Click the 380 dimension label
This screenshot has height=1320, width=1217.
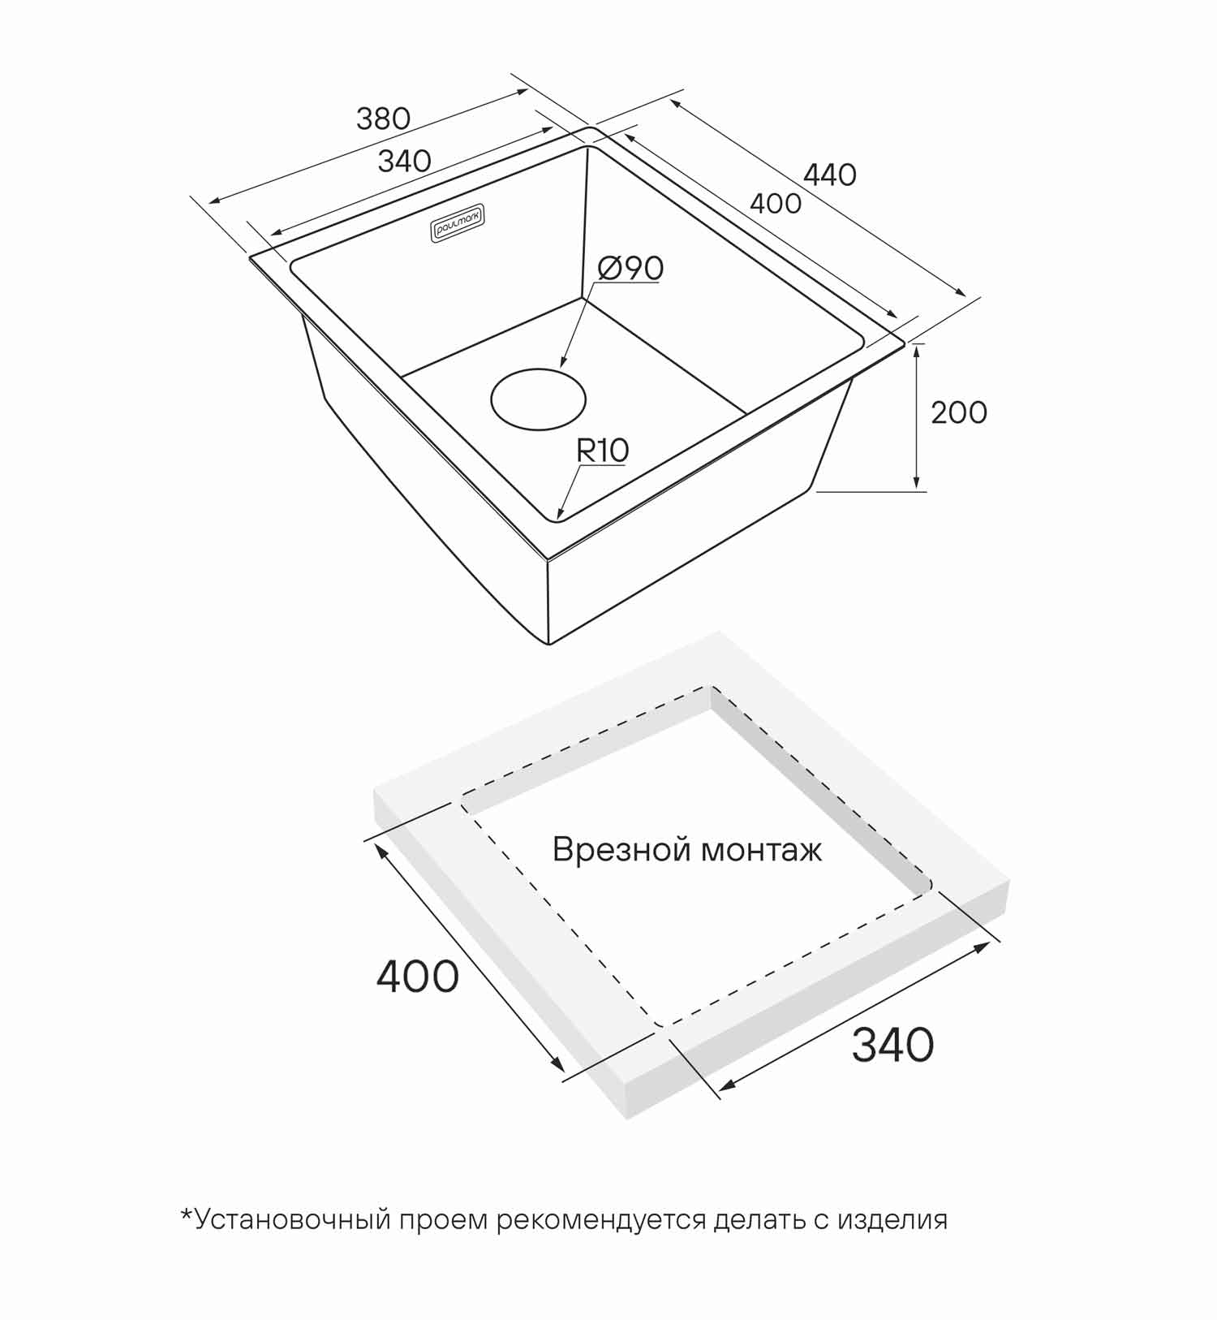[x=383, y=119]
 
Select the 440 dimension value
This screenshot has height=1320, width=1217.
[x=830, y=175]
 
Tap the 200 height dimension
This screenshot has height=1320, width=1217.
[x=959, y=412]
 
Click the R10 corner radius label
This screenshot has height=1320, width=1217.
[x=603, y=451]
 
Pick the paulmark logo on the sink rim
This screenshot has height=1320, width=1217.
[x=457, y=222]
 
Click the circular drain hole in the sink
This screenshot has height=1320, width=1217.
[x=538, y=399]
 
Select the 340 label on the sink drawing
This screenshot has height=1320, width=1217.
[x=405, y=161]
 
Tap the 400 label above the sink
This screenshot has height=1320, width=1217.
[x=776, y=203]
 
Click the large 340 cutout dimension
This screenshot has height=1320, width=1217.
[x=893, y=1045]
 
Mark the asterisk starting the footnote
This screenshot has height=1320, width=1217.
[x=187, y=1214]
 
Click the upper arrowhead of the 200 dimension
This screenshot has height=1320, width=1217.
[x=917, y=350]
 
